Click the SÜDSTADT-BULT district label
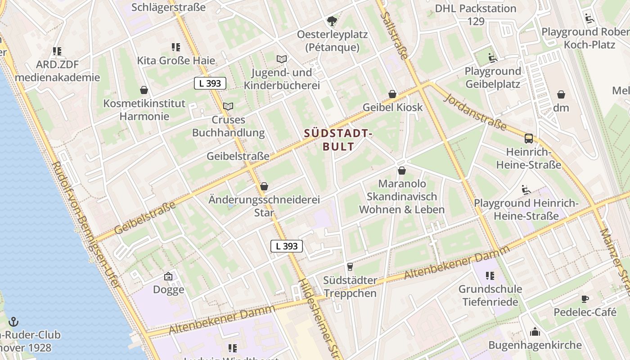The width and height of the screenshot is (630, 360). tap(338, 140)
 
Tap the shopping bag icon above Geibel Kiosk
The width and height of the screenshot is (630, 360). tap(392, 94)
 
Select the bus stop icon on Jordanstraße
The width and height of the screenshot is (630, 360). tap(529, 139)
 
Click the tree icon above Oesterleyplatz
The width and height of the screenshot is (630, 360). tap(332, 21)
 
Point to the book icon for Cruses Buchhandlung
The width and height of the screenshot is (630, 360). tap(229, 107)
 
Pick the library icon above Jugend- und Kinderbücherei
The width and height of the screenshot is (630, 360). tap(282, 59)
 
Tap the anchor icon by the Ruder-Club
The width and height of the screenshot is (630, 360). tap(13, 322)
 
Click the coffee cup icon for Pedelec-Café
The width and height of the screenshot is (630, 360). tap(585, 299)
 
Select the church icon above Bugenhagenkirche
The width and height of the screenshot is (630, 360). tap(535, 332)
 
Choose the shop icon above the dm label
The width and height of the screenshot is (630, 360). tap(561, 94)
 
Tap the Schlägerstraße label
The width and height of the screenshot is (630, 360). tap(169, 7)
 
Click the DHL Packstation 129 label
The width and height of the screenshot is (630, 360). tap(476, 14)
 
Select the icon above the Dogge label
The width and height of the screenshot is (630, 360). tap(168, 276)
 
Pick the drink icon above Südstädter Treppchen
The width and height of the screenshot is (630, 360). tap(350, 267)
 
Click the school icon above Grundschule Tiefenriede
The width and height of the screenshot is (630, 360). tap(490, 275)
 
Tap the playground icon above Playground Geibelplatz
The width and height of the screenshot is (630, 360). tap(493, 58)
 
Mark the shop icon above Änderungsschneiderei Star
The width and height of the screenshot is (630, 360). tap(264, 186)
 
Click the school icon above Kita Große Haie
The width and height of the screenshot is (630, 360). tap(176, 47)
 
